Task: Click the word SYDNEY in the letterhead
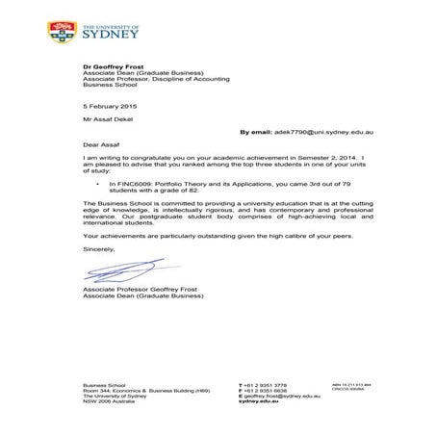113,35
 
